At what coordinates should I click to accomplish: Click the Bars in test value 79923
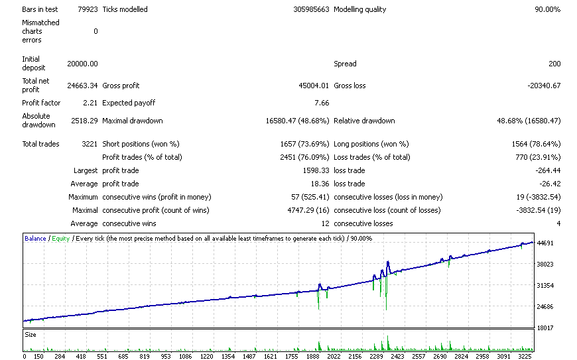click(x=88, y=9)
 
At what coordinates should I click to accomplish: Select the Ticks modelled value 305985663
click(x=311, y=9)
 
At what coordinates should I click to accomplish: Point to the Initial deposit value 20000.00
click(x=82, y=64)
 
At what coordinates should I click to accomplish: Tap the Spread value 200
click(x=554, y=64)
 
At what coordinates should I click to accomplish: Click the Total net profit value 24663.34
click(x=82, y=86)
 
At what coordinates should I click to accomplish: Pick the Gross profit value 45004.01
click(x=314, y=86)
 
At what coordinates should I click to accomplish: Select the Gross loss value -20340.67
click(x=544, y=86)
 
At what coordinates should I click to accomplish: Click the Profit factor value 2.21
click(x=90, y=103)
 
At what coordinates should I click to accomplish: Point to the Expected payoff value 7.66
click(x=322, y=103)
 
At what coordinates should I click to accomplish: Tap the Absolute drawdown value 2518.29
click(x=84, y=121)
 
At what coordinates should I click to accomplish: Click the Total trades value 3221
click(x=90, y=144)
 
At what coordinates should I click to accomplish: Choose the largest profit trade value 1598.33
click(x=316, y=170)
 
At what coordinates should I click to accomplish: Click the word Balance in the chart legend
click(x=35, y=239)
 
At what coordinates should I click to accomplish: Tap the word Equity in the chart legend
click(x=61, y=239)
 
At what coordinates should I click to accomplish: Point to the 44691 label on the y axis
click(x=545, y=243)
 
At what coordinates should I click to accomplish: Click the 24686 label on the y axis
click(x=545, y=307)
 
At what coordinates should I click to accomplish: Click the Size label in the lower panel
click(x=31, y=335)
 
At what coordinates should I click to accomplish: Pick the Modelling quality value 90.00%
click(x=548, y=9)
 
